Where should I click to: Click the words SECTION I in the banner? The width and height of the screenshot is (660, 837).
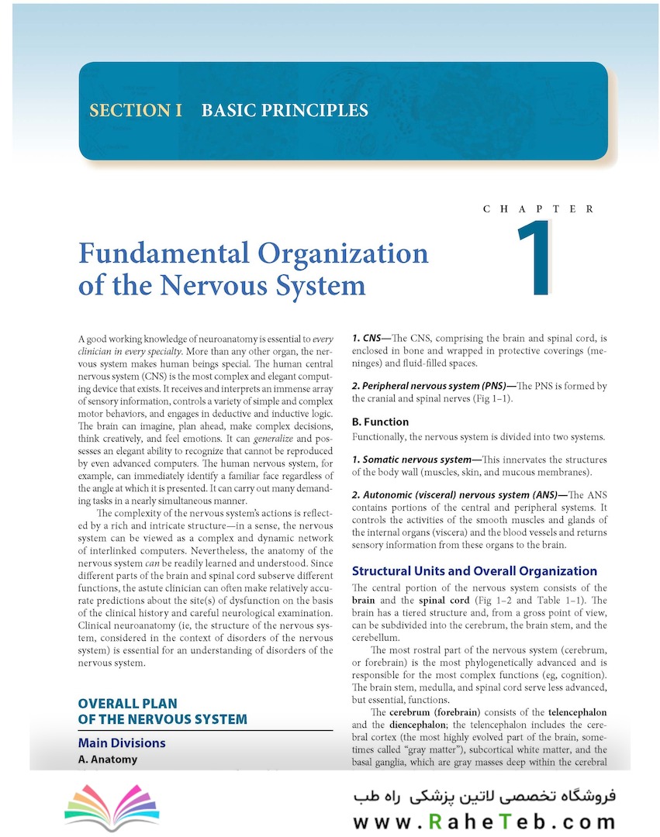(136, 110)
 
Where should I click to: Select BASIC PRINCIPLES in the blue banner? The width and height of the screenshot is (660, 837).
(285, 110)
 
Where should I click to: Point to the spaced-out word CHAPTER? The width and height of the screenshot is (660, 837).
(538, 209)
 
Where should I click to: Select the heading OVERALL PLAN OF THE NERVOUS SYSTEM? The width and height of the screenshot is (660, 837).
(162, 711)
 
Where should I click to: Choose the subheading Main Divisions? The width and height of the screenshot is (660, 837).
(122, 742)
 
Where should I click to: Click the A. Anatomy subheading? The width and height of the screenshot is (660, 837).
(108, 759)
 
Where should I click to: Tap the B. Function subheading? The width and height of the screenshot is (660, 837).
(380, 422)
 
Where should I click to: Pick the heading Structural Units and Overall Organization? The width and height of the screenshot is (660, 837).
(474, 571)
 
